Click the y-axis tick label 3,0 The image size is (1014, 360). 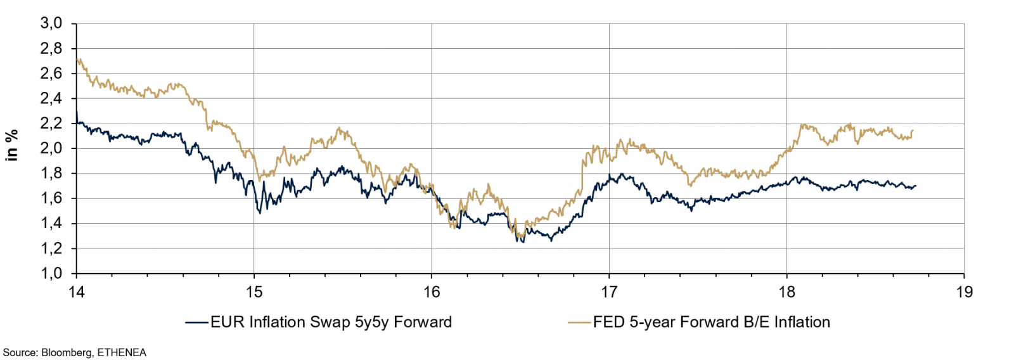pos(51,23)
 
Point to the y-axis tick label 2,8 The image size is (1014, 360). pos(51,49)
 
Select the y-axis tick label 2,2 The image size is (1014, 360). pos(51,124)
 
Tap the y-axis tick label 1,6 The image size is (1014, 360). pos(51,198)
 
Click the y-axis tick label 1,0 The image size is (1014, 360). pos(51,273)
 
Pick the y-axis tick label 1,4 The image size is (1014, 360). pos(51,223)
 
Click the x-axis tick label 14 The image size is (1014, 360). pos(76,292)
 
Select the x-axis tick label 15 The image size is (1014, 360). pos(253,292)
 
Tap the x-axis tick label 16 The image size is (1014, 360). pos(432,292)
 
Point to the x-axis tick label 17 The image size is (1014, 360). pos(609,292)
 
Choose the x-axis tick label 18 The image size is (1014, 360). pos(786,292)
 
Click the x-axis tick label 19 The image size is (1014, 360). pos(964,292)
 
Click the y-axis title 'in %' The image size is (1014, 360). pos(11,145)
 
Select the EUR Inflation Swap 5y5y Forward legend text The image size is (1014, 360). pos(331,322)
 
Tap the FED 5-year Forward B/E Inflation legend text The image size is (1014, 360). pos(711,322)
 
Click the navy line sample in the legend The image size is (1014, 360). pos(197,323)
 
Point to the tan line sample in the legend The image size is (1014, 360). pos(579,323)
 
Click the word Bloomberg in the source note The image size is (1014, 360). pos(66,352)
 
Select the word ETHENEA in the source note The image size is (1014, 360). pos(122,352)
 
